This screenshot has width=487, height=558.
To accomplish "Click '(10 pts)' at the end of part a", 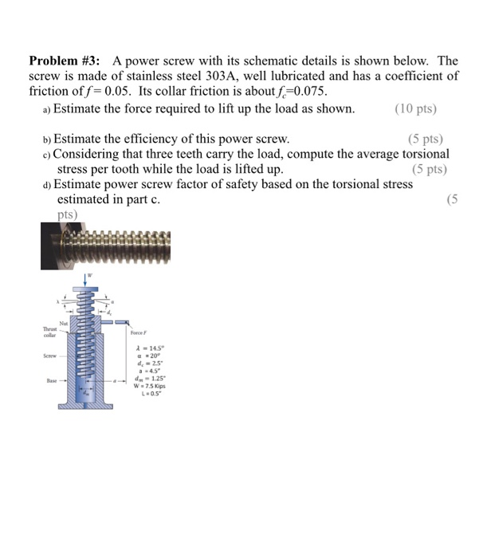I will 415,108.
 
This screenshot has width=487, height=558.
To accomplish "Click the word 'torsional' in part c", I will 423,154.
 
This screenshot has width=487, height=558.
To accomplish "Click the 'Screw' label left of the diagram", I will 53,359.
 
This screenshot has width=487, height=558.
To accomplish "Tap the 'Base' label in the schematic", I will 54,380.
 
